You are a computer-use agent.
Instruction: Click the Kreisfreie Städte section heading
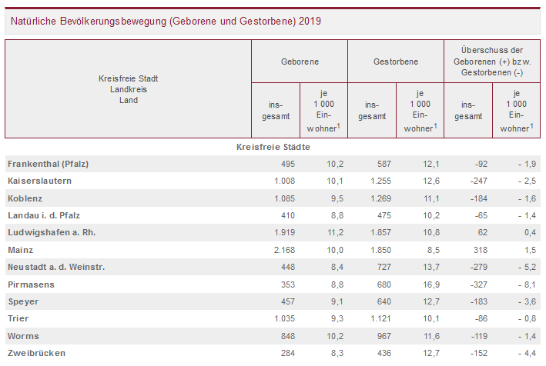(273, 146)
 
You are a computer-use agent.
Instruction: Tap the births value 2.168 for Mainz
(283, 250)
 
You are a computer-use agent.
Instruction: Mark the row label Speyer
(23, 301)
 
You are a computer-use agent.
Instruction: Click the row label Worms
(23, 336)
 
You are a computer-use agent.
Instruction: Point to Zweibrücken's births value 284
(287, 353)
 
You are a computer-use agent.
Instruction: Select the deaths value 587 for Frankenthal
(383, 164)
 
